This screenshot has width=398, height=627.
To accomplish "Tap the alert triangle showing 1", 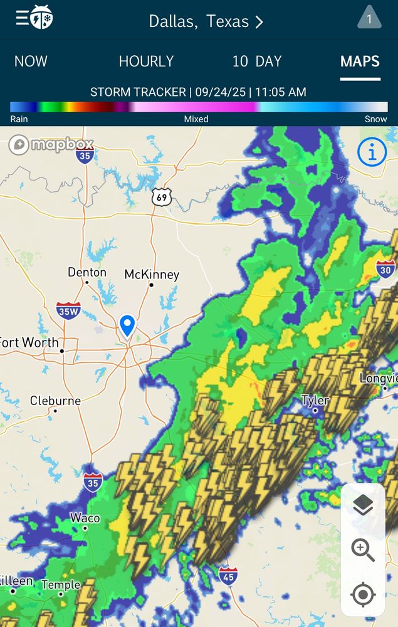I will pos(369,18).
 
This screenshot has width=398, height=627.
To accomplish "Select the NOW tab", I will pos(31,61).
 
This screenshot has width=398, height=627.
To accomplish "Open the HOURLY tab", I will pos(146,61).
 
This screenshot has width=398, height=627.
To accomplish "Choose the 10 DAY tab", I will pos(256,61).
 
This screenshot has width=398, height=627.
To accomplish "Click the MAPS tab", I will pos(360,61).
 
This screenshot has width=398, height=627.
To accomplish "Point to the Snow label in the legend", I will pos(375,119).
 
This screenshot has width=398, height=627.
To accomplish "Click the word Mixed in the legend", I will pos(196,119).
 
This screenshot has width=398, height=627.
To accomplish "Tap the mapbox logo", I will pos(51,145).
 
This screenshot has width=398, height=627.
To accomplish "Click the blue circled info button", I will pos(372,152).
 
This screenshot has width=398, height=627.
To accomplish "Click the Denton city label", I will pos(87,273).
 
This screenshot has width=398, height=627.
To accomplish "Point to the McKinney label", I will pos(152,275).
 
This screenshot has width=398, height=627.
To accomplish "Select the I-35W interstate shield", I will pos(68,310).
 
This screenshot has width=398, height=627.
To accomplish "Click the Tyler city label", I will pos(315,400).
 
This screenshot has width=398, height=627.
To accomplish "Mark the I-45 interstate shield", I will pos(228,575).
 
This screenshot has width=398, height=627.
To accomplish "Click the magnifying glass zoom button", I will pos(363,550).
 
